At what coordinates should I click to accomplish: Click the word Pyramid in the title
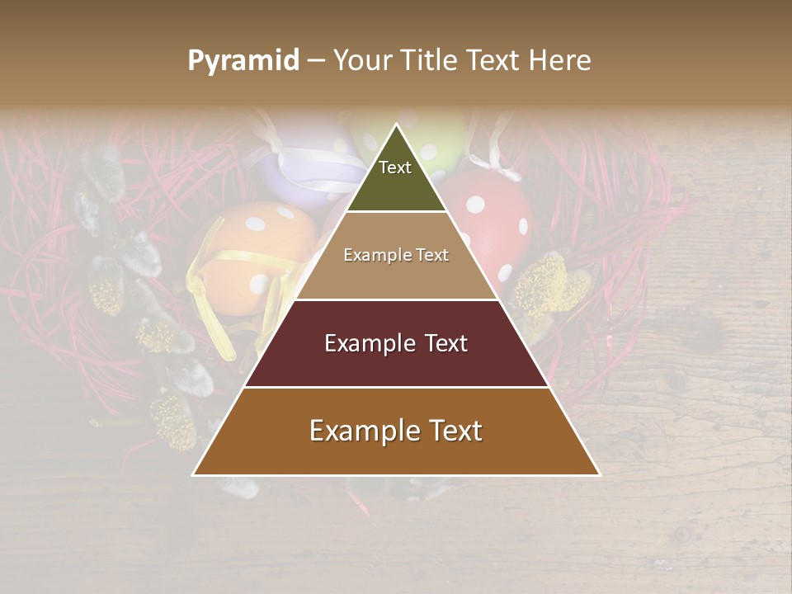coord(243,60)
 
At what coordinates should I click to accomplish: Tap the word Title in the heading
coord(428,60)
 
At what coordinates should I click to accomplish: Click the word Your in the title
coord(361,60)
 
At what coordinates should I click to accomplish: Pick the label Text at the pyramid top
coord(394,167)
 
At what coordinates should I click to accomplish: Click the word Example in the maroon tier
coord(368,343)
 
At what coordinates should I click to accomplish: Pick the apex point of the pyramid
coord(396,125)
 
